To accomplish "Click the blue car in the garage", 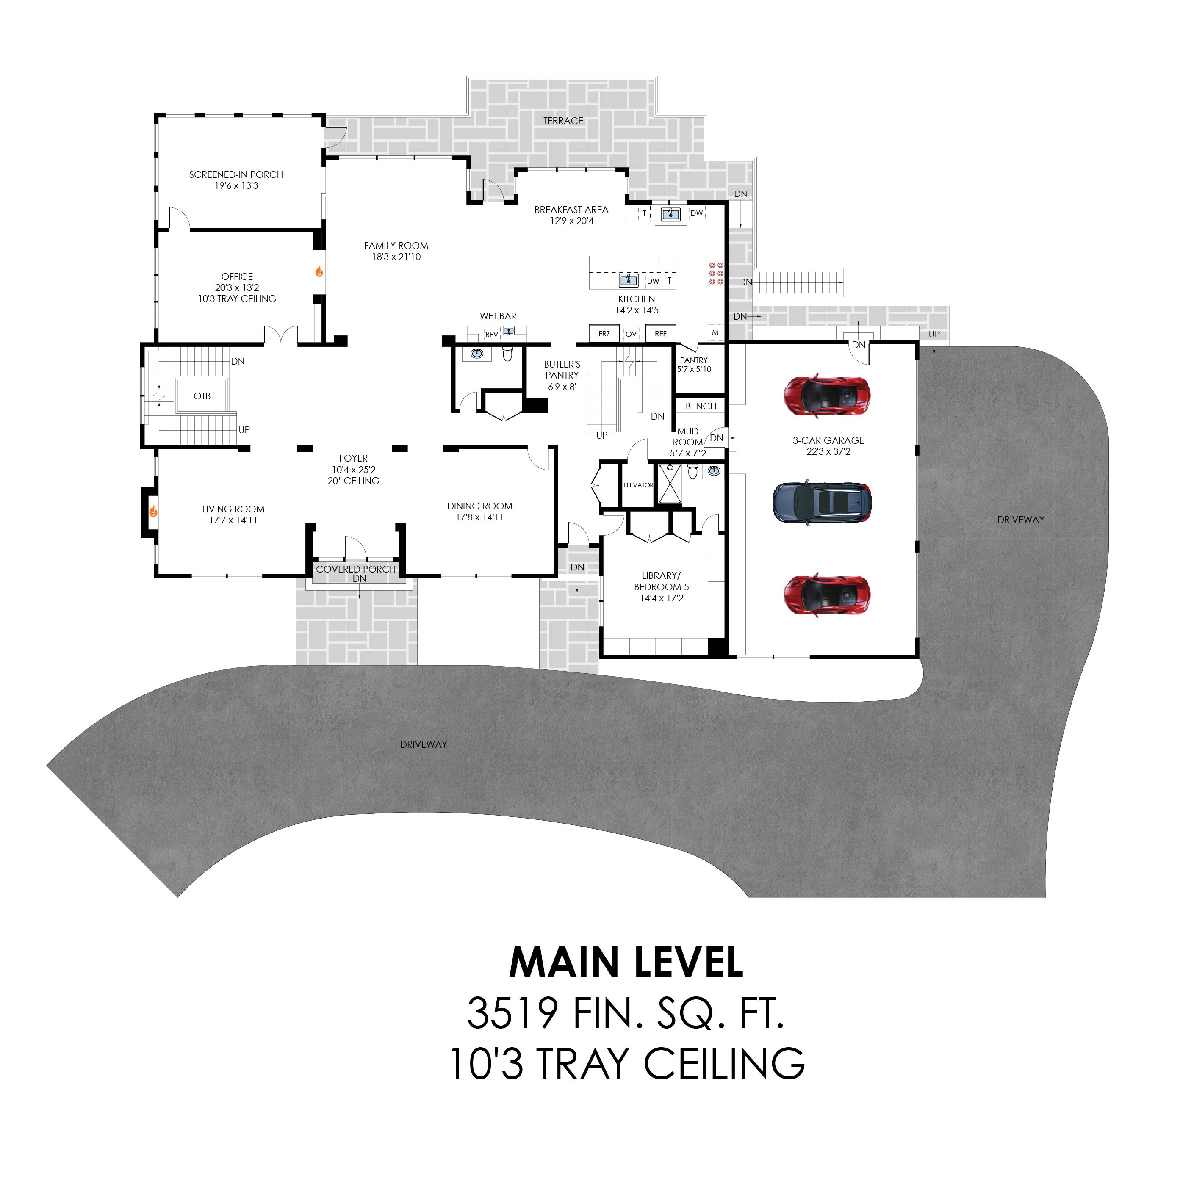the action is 822,503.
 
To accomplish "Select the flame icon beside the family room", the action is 319,271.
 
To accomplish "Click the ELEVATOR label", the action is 638,485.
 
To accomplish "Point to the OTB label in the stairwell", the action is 202,396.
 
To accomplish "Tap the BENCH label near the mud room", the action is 701,406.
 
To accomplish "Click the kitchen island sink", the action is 628,280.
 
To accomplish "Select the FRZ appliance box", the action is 604,333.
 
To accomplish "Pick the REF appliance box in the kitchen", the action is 661,333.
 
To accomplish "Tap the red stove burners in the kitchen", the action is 716,273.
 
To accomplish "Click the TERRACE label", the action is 563,121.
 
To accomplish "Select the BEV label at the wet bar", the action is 492,335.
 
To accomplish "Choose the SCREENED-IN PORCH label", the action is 236,174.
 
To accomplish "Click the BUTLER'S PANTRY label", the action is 562,370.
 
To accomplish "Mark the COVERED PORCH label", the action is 355,569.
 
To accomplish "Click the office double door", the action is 281,336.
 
